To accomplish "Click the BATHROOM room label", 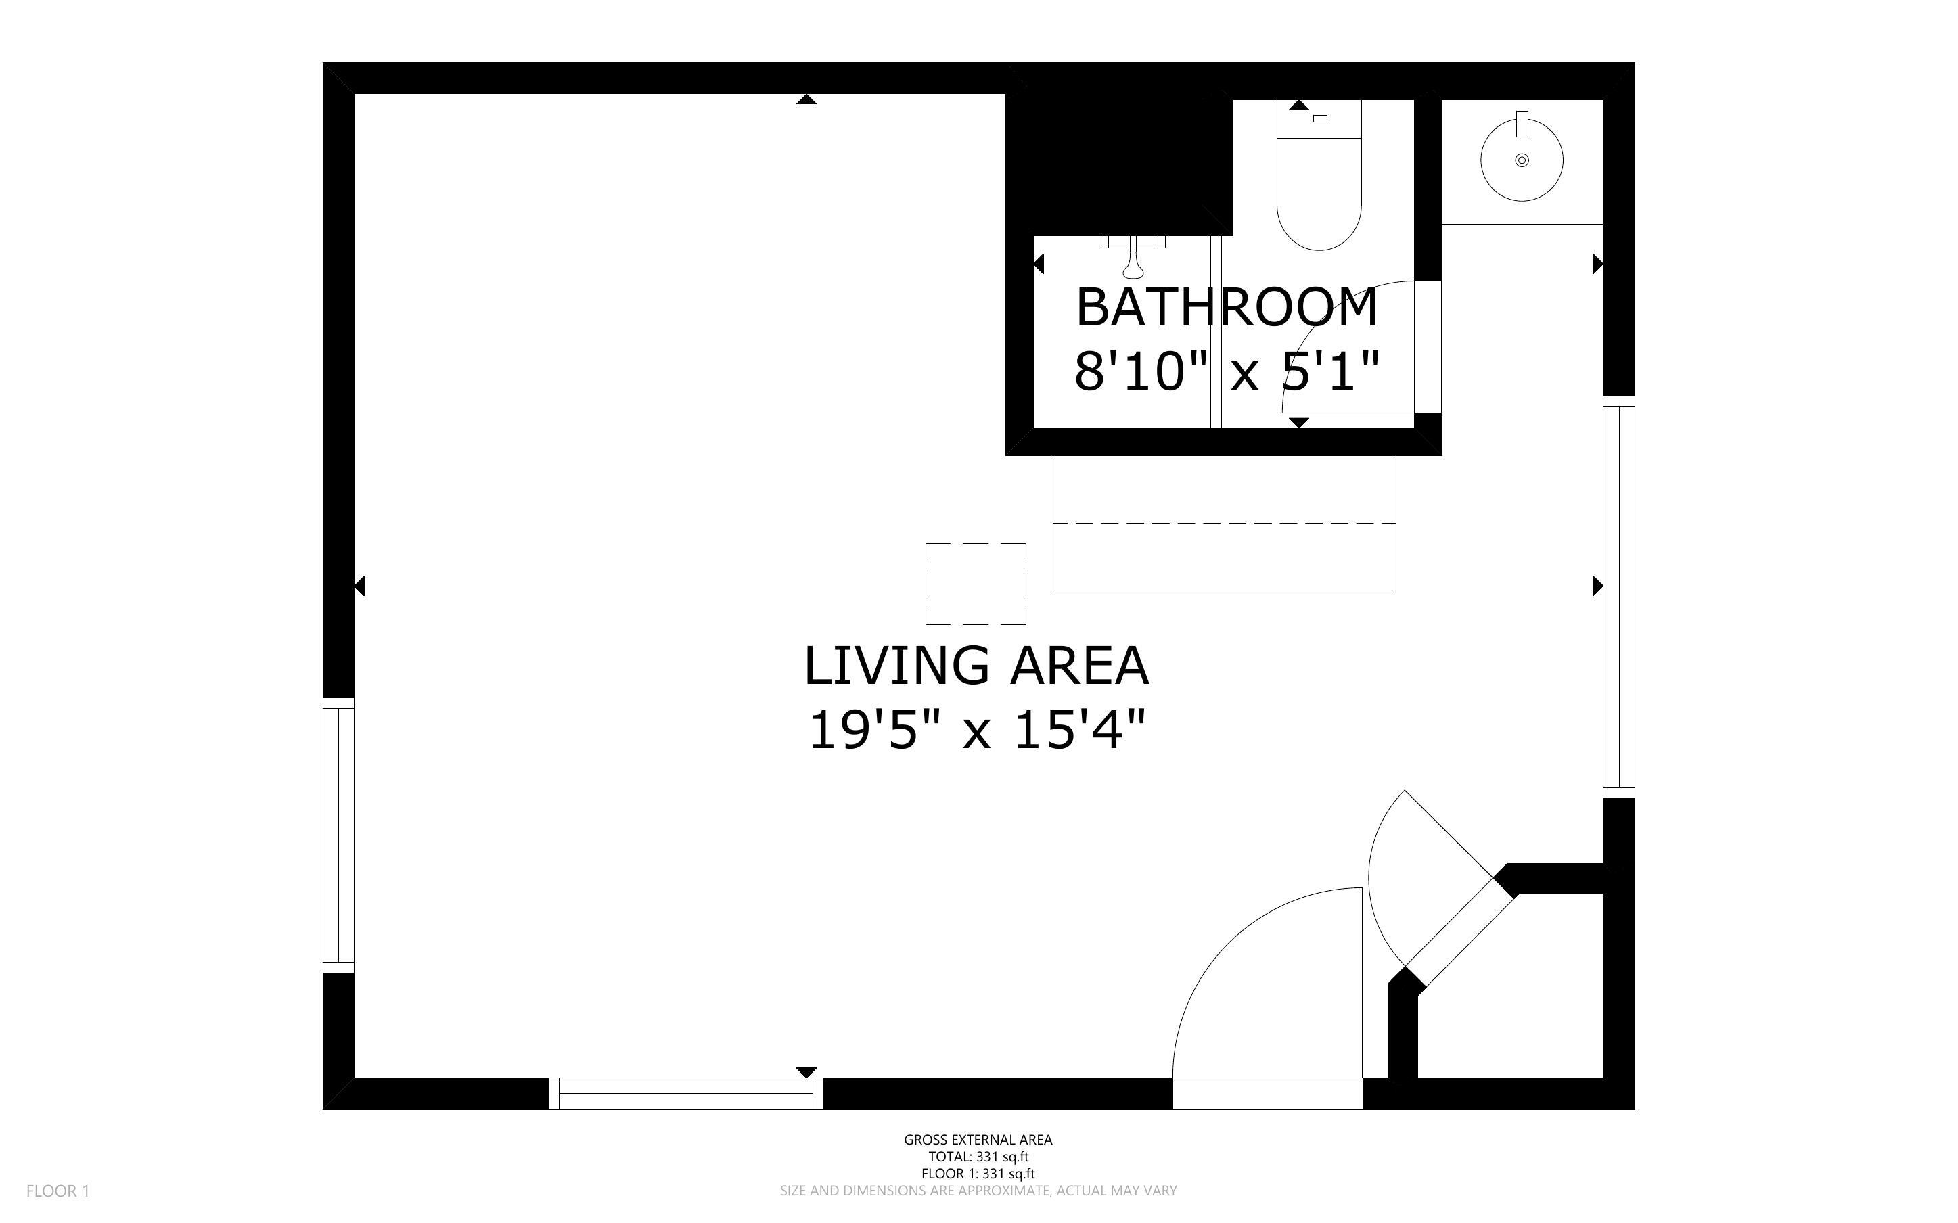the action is [x=1226, y=308].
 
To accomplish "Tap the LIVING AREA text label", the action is [x=976, y=666].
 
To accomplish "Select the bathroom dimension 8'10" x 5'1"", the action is [x=1226, y=371].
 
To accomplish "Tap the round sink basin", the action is [x=1521, y=160].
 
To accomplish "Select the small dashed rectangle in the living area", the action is [x=976, y=583].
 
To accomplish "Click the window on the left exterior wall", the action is [x=338, y=835].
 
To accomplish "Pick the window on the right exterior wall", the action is [x=1618, y=597].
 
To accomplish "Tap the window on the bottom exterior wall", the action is [x=686, y=1094].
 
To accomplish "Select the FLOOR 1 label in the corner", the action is [x=58, y=1191].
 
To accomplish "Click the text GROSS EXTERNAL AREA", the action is [x=978, y=1140].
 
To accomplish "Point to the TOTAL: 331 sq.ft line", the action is [x=978, y=1157].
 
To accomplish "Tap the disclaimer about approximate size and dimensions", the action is [x=978, y=1191].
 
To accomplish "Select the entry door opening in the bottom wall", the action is [x=1267, y=1094].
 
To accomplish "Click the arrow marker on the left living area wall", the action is [x=360, y=586].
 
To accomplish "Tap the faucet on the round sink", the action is [x=1521, y=124].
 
